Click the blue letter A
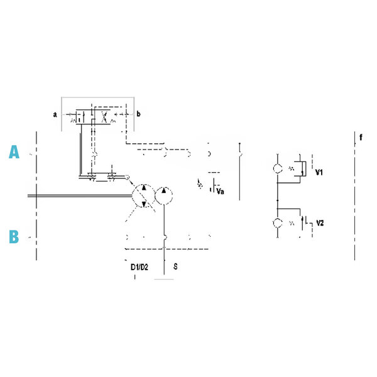tap(14, 151)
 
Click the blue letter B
tap(14, 237)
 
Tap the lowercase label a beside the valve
tap(55, 114)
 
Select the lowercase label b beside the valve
tap(138, 114)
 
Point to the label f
tap(361, 137)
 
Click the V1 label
tap(319, 172)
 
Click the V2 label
tap(320, 223)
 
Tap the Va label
tap(221, 192)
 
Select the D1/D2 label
tap(139, 267)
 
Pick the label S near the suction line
tap(175, 266)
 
